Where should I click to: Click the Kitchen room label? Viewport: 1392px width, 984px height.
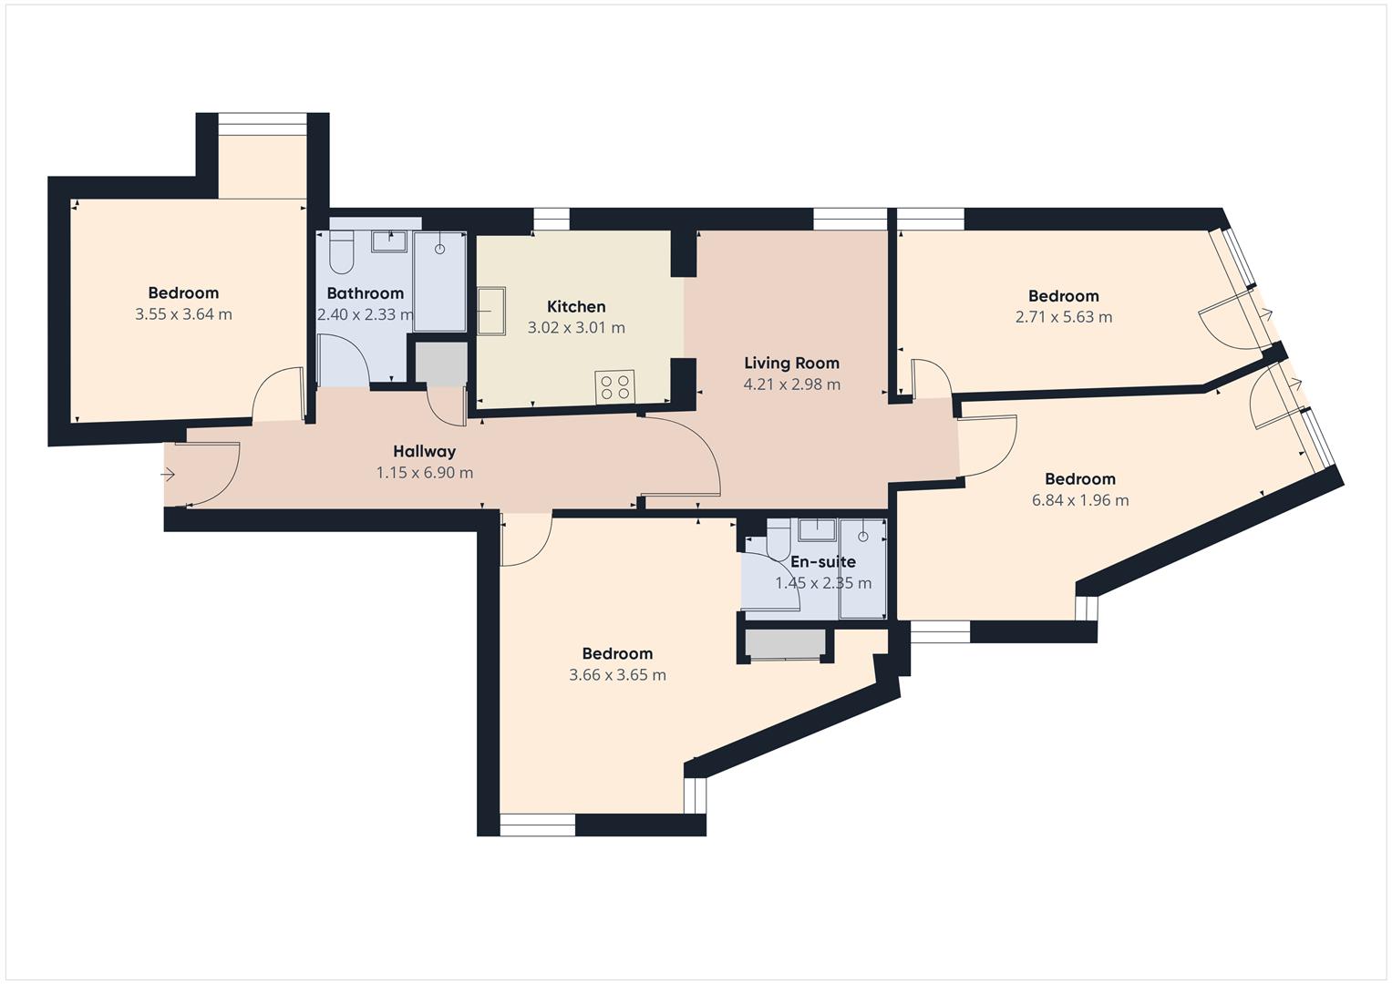click(x=576, y=307)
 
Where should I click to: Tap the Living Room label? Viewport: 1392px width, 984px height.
click(x=791, y=363)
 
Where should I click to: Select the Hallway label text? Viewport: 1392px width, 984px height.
click(x=424, y=451)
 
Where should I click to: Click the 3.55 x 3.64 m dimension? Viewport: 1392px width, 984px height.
click(x=183, y=314)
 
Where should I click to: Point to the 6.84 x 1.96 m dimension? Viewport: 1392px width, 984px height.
click(x=1080, y=500)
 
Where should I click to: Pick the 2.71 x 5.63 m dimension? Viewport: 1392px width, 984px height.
click(x=1063, y=317)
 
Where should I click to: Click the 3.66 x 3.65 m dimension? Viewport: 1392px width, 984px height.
click(x=617, y=675)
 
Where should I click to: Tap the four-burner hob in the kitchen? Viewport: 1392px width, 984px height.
click(x=614, y=386)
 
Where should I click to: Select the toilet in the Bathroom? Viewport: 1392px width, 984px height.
click(x=341, y=252)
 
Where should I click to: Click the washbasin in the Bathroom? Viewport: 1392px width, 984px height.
click(x=389, y=241)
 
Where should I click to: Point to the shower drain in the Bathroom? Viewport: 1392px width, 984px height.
click(x=440, y=248)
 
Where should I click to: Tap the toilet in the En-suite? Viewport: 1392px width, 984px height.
click(x=778, y=541)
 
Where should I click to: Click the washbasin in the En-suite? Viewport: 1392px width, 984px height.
click(x=818, y=528)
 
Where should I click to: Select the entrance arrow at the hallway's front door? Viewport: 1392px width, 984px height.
click(x=169, y=475)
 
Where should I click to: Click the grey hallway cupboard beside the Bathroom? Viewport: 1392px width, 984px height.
click(x=440, y=363)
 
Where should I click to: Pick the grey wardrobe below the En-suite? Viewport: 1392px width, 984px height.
click(x=785, y=644)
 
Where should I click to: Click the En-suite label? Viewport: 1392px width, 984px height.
click(x=822, y=562)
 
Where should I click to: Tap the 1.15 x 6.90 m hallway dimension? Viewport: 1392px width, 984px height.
click(x=424, y=473)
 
